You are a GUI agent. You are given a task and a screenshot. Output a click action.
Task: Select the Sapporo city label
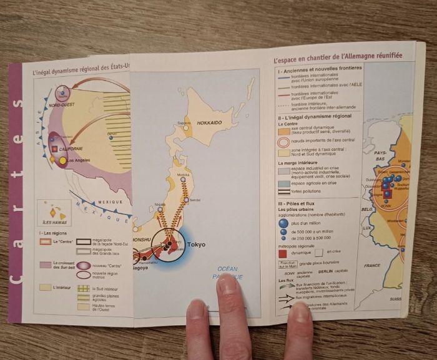(184, 123)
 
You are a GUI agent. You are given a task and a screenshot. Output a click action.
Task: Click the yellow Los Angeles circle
(62, 161)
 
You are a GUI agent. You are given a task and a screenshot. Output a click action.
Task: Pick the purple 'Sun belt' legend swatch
(44, 265)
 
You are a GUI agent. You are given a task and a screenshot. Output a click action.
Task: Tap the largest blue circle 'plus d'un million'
(284, 223)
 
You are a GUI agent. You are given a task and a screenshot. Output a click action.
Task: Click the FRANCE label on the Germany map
(373, 265)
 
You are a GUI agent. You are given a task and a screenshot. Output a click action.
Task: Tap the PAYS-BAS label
(380, 154)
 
